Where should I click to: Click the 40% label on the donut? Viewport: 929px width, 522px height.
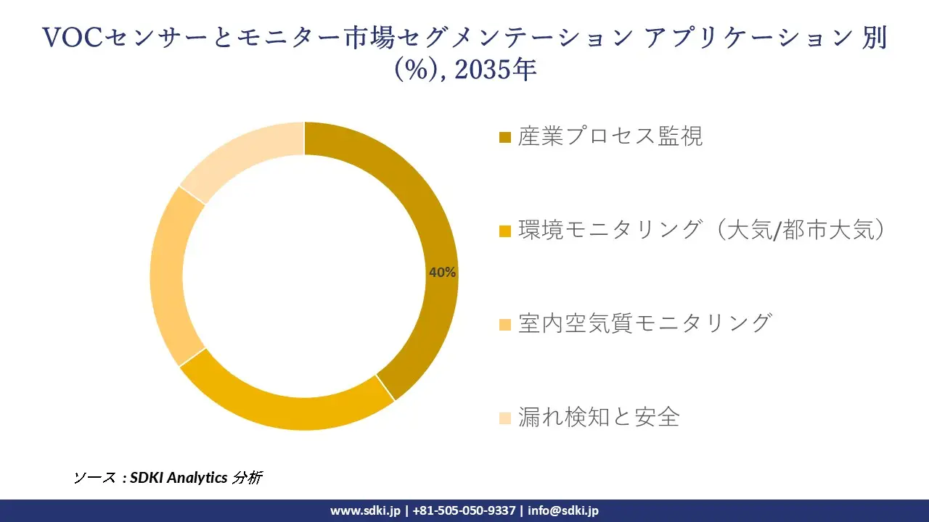pos(442,273)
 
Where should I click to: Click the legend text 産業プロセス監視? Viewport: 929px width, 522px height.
pos(610,136)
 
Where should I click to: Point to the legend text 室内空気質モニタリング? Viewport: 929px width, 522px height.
pos(644,323)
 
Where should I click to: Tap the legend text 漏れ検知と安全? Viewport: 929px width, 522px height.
pos(599,417)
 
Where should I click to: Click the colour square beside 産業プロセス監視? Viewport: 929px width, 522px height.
pos(506,137)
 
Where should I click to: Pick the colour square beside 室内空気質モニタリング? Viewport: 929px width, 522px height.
pos(506,324)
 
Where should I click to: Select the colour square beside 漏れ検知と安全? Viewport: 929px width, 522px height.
pos(506,418)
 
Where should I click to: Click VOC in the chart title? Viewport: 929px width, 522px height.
pos(73,38)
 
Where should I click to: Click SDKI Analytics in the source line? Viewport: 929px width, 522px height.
pos(179,478)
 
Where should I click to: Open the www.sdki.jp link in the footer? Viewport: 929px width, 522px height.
pos(365,510)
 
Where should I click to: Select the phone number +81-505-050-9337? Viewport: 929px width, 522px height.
pos(464,510)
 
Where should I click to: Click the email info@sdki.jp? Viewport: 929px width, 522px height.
pos(563,510)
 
